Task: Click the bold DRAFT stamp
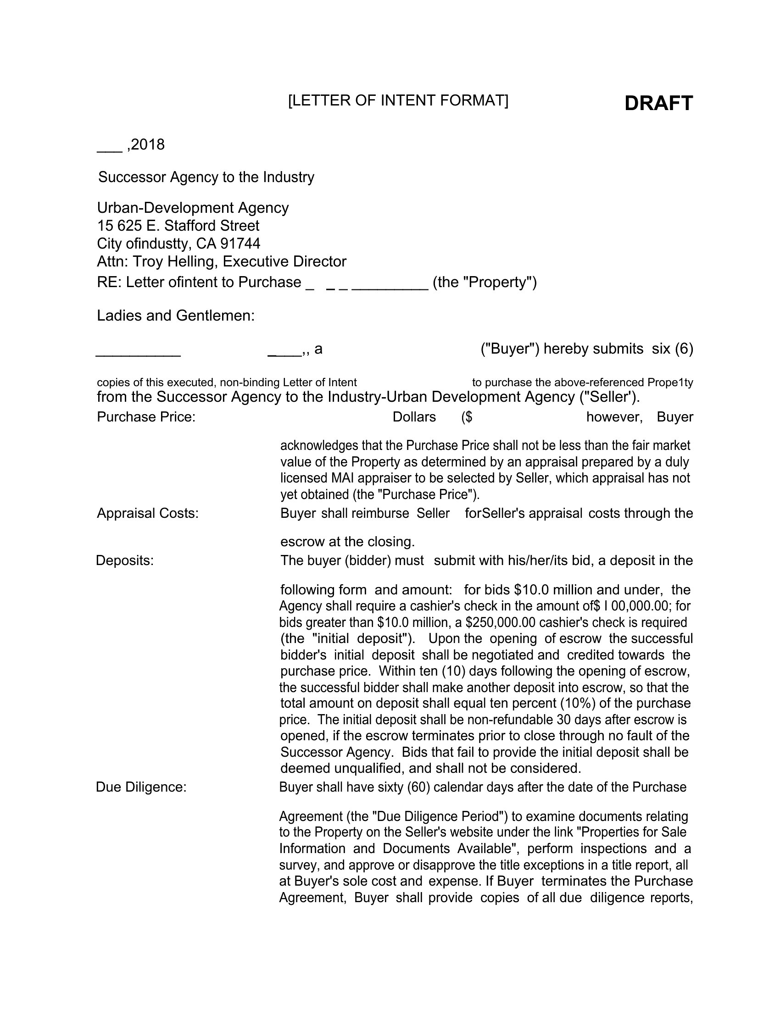click(x=658, y=103)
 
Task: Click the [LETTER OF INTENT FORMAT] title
click(x=398, y=100)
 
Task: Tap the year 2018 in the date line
click(x=148, y=145)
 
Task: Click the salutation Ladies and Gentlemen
click(x=176, y=316)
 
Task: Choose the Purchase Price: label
click(x=146, y=417)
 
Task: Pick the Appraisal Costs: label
click(x=147, y=514)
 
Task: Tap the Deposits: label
click(x=125, y=561)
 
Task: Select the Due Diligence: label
click(x=141, y=787)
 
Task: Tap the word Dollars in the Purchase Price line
click(x=414, y=417)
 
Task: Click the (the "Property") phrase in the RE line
click(x=485, y=282)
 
